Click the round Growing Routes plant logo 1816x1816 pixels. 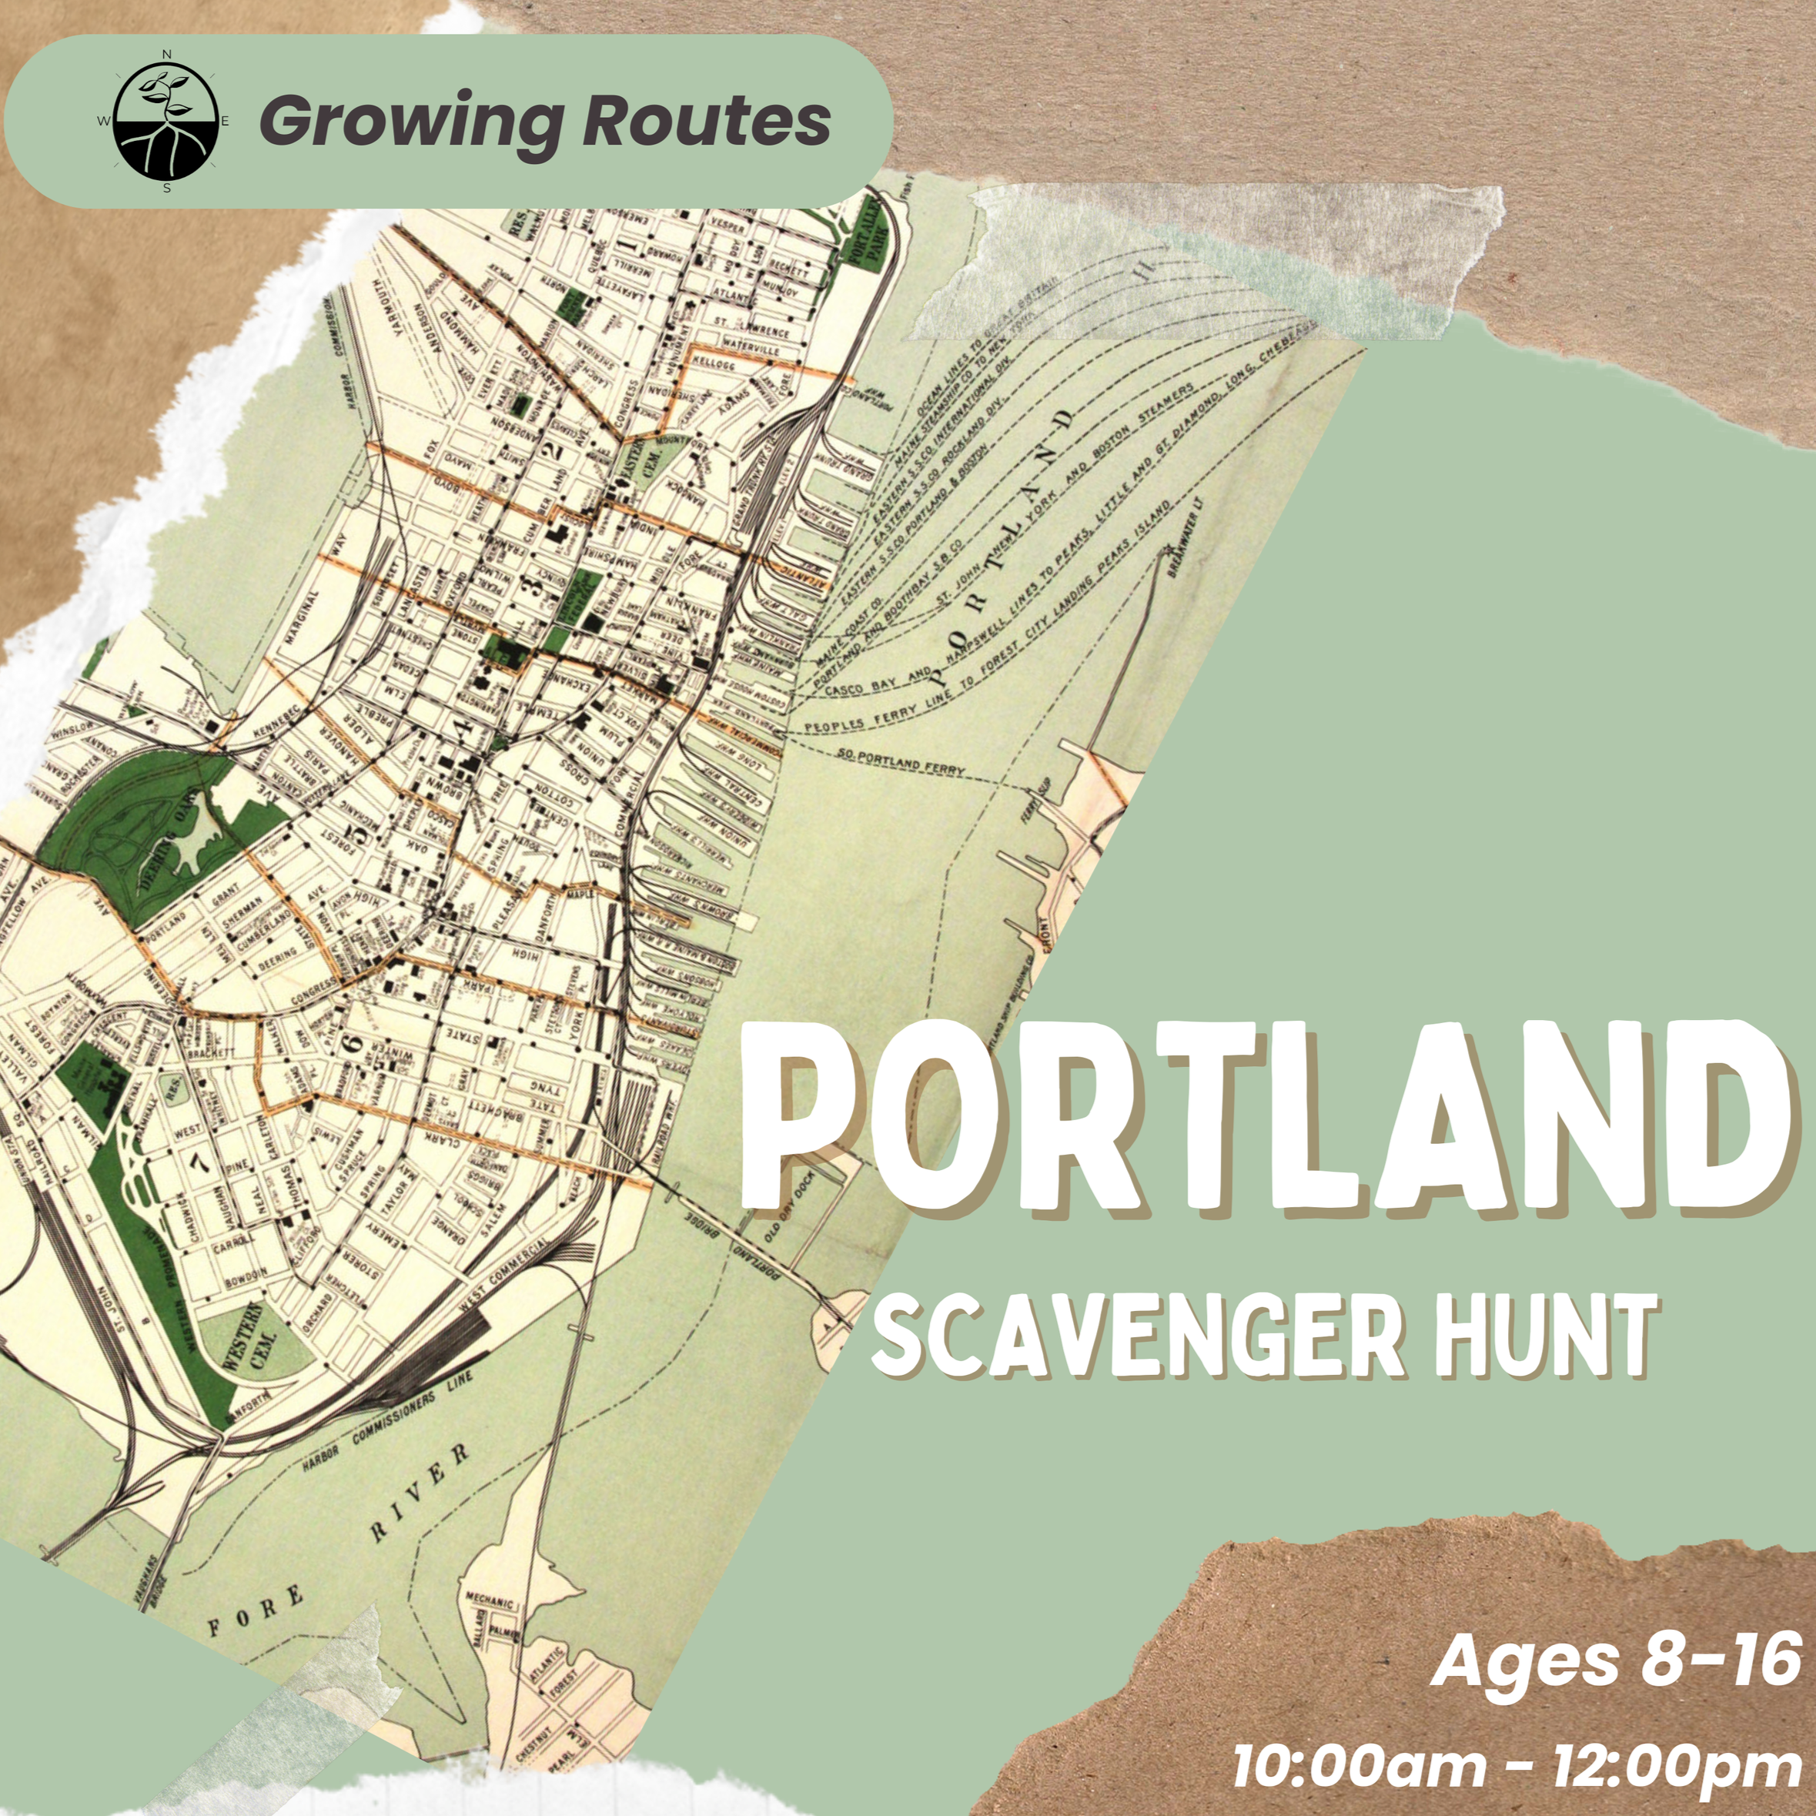coord(166,122)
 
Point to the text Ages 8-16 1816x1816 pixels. coord(1615,1661)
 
